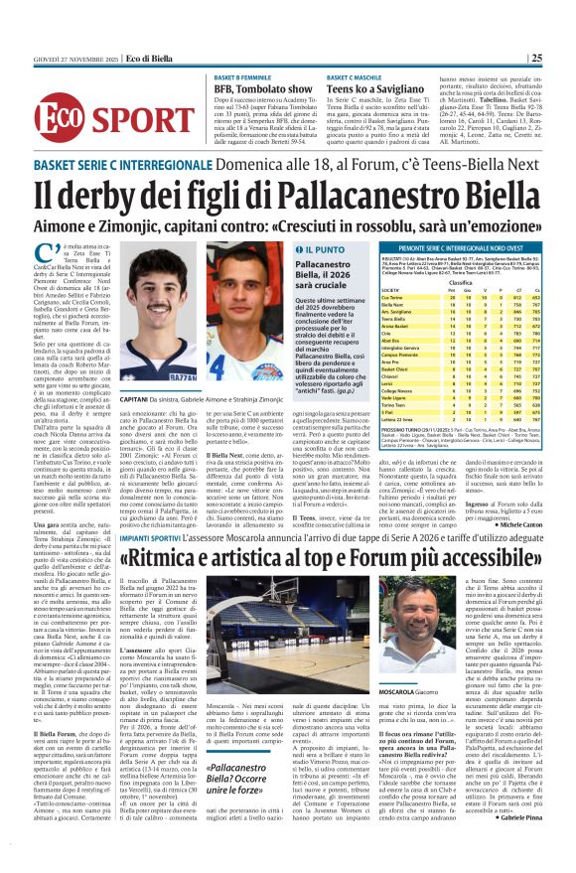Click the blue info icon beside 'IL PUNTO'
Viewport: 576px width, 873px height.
tap(292, 249)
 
